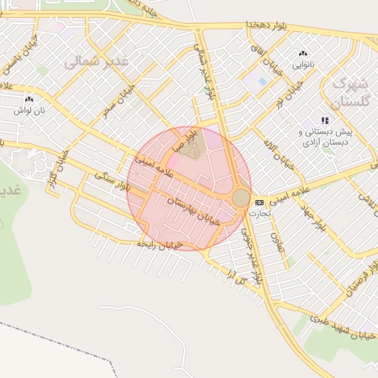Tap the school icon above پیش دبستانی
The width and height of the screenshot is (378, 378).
pyautogui.click(x=324, y=120)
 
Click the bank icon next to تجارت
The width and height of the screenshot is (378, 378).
pyautogui.click(x=259, y=202)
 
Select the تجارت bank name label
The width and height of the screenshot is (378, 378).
pyautogui.click(x=260, y=213)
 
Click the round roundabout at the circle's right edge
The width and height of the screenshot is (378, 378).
pyautogui.click(x=241, y=198)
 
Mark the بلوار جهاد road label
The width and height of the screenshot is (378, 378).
pyautogui.click(x=313, y=215)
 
